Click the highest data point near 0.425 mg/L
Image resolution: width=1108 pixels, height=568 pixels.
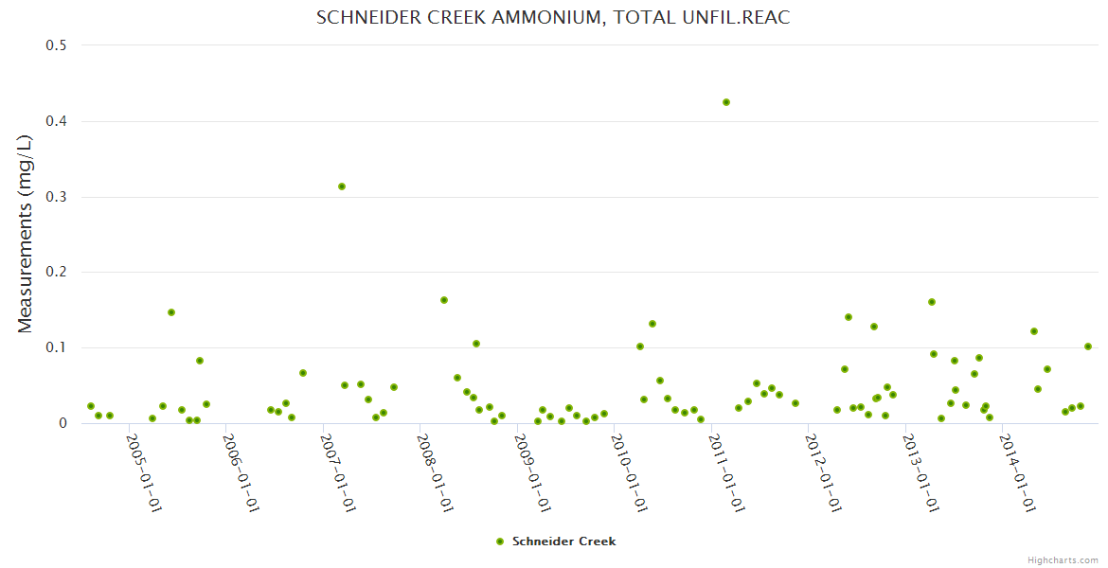pos(726,102)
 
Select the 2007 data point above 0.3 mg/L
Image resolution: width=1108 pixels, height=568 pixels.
pos(342,186)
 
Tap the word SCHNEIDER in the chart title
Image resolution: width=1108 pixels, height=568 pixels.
pos(363,18)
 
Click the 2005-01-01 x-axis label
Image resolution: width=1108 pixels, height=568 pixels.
pos(145,472)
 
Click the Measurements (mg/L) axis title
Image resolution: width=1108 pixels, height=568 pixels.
pos(26,234)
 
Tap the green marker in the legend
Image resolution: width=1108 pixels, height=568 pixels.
pos(500,541)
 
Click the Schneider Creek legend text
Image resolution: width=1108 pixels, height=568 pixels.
pos(563,541)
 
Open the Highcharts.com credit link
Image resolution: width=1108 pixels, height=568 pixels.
pos(1063,559)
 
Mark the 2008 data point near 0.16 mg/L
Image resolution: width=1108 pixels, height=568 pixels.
pos(444,300)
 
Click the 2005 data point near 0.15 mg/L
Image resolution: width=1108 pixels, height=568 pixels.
pos(171,312)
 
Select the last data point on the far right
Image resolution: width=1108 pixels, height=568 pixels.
pos(1088,346)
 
